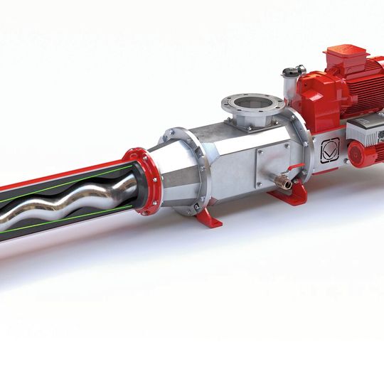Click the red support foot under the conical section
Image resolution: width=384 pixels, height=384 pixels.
(208, 216)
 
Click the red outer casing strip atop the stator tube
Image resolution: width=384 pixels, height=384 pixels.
(64, 177)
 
